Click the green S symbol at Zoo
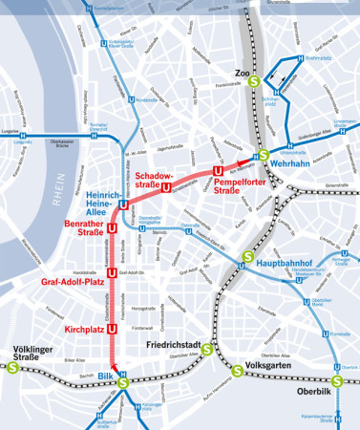point(253,81)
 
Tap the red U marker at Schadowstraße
point(167,187)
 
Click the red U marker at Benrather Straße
point(112,228)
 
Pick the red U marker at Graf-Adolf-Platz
point(112,273)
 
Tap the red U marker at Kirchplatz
point(112,328)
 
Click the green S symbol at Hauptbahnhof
point(246,255)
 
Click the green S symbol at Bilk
point(122,383)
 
